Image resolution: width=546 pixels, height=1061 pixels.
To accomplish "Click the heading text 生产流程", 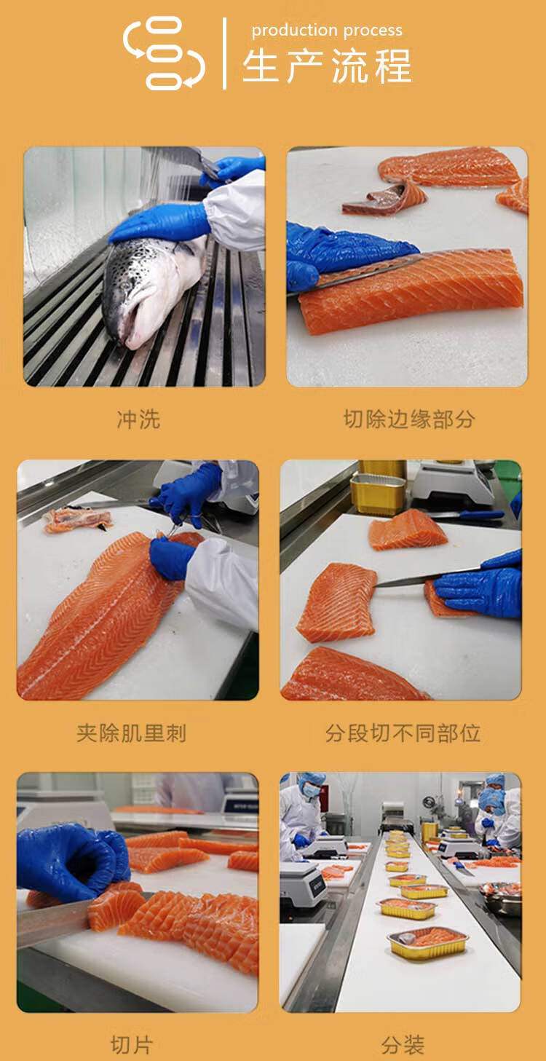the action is click(327, 66).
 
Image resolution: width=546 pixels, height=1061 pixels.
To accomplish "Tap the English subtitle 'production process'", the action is click(327, 31).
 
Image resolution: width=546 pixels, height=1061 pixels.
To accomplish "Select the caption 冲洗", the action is click(138, 419).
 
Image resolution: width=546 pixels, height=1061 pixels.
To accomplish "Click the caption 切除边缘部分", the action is click(409, 419).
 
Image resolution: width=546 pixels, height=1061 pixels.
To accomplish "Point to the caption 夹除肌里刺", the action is click(131, 733).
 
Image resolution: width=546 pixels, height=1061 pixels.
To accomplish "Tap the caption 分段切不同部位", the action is click(403, 733).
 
